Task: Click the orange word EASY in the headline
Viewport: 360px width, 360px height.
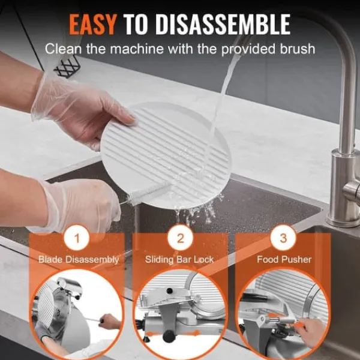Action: pos(92,25)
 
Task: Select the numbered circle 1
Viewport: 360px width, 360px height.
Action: pos(77,238)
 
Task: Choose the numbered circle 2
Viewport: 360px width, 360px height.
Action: pos(180,238)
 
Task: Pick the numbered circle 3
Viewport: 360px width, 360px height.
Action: pos(283,238)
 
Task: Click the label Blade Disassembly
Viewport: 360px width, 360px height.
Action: pos(79,260)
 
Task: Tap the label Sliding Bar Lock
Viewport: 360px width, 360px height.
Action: pos(179,260)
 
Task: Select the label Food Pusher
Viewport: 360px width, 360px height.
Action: pos(284,259)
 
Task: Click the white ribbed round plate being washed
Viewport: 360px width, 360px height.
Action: pos(166,155)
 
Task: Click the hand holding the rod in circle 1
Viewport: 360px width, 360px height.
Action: pos(110,322)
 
